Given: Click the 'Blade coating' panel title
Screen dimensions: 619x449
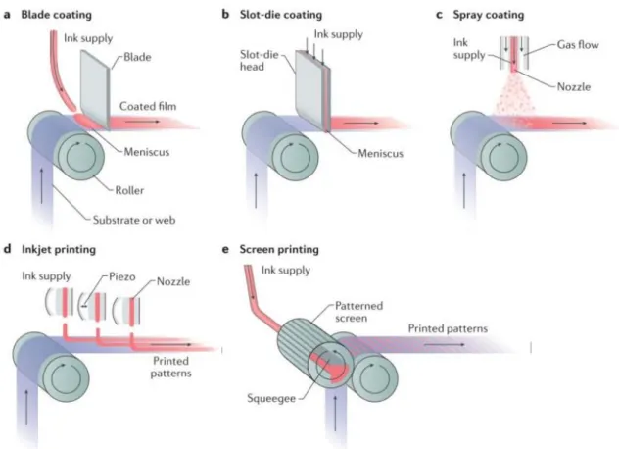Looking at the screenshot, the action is [x=57, y=15].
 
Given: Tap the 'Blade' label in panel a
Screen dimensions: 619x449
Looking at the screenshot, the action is [x=137, y=57].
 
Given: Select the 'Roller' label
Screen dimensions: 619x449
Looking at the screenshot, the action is [x=129, y=190].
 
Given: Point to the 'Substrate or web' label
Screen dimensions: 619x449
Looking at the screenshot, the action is [x=134, y=220].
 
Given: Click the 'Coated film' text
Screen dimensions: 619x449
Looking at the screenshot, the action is [x=148, y=106].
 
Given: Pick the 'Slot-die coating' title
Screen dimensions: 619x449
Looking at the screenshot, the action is [x=281, y=15].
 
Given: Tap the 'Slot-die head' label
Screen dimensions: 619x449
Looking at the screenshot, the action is [x=260, y=61].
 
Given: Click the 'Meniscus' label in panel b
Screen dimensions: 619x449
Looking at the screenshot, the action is [x=381, y=153].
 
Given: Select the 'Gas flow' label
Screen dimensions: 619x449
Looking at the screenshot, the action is [x=578, y=45].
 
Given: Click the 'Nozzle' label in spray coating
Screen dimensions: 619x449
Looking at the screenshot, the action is [x=574, y=87].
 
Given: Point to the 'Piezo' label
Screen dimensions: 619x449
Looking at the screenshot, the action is [x=122, y=276].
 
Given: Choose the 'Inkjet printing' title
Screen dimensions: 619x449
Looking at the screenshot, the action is [x=59, y=250].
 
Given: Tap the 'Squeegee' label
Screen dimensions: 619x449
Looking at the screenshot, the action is [x=271, y=398].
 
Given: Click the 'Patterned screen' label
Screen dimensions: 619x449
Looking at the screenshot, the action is [x=358, y=312].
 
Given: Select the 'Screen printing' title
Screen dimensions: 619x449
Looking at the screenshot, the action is [x=279, y=250].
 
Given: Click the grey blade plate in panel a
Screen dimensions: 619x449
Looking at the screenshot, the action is [x=95, y=89].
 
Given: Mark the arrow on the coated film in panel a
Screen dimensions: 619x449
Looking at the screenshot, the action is [x=143, y=122].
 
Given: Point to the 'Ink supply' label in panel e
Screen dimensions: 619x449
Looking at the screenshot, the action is [x=286, y=271].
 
